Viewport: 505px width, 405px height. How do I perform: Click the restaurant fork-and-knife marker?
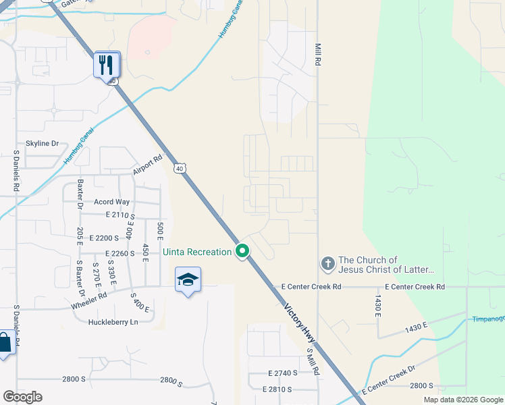point(107,65)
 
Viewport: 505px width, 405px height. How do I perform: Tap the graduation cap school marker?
point(188,280)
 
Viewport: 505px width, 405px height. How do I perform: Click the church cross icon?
point(327,264)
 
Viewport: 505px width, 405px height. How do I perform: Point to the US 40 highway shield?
point(179,168)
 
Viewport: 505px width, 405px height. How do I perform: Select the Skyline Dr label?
point(43,144)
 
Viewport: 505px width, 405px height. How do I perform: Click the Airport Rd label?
point(148,165)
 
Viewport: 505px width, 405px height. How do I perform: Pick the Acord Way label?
point(111,202)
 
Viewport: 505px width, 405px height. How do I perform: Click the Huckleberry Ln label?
point(113,322)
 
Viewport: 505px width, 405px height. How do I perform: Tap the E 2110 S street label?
point(120,215)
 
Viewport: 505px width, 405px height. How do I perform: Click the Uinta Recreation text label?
point(197,252)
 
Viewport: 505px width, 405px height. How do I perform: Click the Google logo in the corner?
point(22,397)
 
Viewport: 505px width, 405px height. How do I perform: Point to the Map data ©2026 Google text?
point(463,400)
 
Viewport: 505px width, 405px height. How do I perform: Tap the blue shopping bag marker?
point(4,342)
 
